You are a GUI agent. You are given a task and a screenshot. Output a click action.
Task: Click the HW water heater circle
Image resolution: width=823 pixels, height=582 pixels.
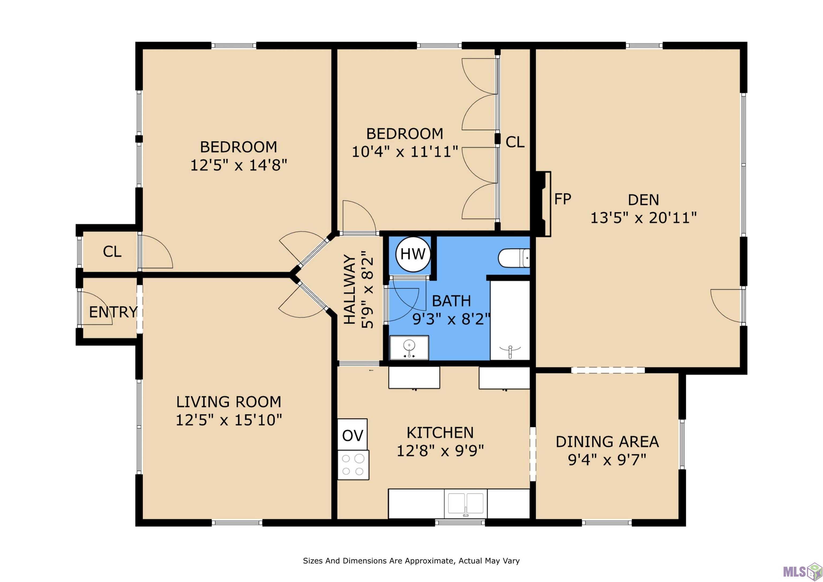click(413, 254)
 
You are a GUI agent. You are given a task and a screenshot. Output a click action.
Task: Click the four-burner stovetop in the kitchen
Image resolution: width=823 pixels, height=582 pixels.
click(353, 465)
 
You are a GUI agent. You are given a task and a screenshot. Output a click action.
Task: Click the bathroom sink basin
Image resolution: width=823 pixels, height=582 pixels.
click(409, 348)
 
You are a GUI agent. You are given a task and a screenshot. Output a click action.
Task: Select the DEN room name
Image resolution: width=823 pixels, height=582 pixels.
click(644, 200)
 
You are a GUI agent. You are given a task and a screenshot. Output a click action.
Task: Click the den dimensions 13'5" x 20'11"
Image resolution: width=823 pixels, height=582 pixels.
click(644, 218)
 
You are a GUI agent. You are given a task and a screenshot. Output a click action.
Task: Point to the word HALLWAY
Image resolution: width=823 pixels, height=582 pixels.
click(350, 289)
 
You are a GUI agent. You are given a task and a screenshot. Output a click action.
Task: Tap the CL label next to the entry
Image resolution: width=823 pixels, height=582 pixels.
click(112, 251)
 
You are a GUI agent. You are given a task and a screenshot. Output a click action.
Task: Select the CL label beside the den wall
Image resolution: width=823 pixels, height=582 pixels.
click(515, 142)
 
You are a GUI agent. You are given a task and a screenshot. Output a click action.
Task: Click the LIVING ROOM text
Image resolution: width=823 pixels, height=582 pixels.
click(229, 402)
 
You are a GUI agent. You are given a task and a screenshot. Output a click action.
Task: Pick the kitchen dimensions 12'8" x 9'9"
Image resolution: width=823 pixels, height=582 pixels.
click(440, 450)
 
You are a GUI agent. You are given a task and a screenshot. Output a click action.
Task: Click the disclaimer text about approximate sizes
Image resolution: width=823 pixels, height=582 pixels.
click(411, 561)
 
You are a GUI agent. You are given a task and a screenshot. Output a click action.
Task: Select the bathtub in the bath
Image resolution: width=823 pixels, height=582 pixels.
click(510, 320)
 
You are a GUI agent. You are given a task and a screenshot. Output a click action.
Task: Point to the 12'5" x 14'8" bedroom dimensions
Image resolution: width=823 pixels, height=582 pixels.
click(239, 165)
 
